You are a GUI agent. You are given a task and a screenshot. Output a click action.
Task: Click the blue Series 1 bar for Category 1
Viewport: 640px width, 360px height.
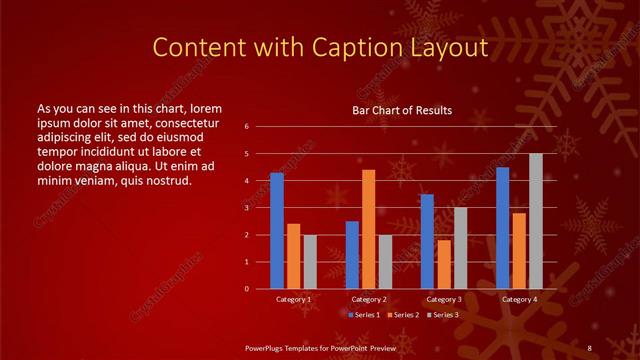277,231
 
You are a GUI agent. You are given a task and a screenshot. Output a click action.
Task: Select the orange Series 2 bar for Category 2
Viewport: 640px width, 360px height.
368,229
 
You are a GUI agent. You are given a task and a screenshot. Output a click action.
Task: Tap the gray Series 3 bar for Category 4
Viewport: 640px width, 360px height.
535,221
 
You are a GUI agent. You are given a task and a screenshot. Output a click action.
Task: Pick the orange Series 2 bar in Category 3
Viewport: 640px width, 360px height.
443,264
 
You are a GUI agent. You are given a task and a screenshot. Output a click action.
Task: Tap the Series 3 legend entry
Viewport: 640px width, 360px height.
444,315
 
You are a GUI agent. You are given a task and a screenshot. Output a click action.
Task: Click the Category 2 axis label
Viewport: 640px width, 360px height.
368,300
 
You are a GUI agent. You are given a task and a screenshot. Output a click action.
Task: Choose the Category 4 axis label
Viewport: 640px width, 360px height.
519,300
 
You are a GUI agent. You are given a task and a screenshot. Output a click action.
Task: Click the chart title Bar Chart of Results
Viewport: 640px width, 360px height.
402,110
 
